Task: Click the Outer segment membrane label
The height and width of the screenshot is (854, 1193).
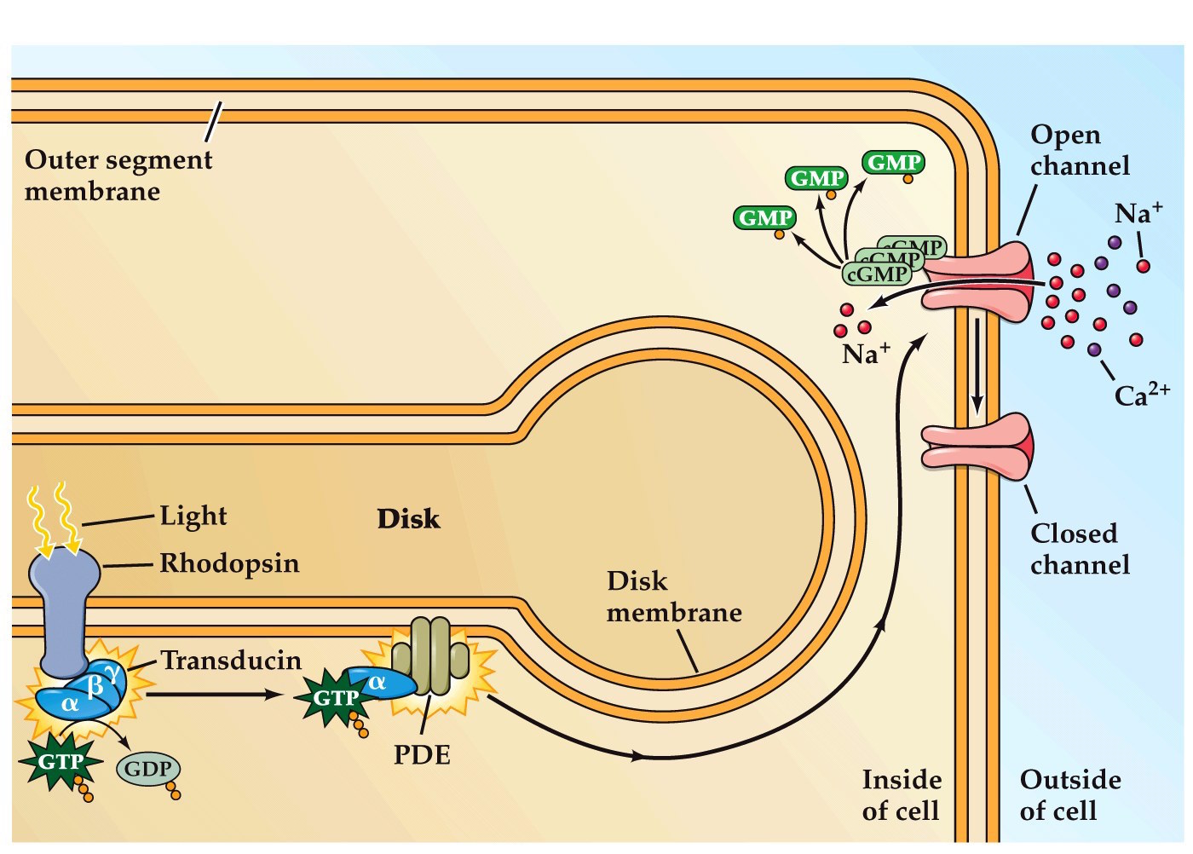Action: click(118, 175)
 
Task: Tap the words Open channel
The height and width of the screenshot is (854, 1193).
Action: click(1079, 150)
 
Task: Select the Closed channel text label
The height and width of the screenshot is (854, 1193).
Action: click(1079, 549)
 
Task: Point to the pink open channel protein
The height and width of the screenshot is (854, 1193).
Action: click(980, 281)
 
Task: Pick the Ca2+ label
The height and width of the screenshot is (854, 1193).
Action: click(1141, 394)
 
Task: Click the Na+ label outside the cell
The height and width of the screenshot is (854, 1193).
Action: click(1138, 212)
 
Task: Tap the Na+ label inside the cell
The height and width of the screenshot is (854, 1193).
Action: click(865, 353)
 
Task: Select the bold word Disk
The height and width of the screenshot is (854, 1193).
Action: click(408, 518)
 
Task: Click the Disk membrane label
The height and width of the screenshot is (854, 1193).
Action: click(673, 597)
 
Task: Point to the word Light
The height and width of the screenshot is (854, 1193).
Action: click(193, 516)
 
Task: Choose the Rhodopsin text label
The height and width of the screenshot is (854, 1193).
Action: click(229, 563)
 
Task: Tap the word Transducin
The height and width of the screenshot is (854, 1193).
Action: click(231, 661)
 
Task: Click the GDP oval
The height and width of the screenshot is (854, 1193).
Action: click(147, 769)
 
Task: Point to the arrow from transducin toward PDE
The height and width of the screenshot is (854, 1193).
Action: click(213, 695)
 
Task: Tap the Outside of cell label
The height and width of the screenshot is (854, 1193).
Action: click(1069, 795)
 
